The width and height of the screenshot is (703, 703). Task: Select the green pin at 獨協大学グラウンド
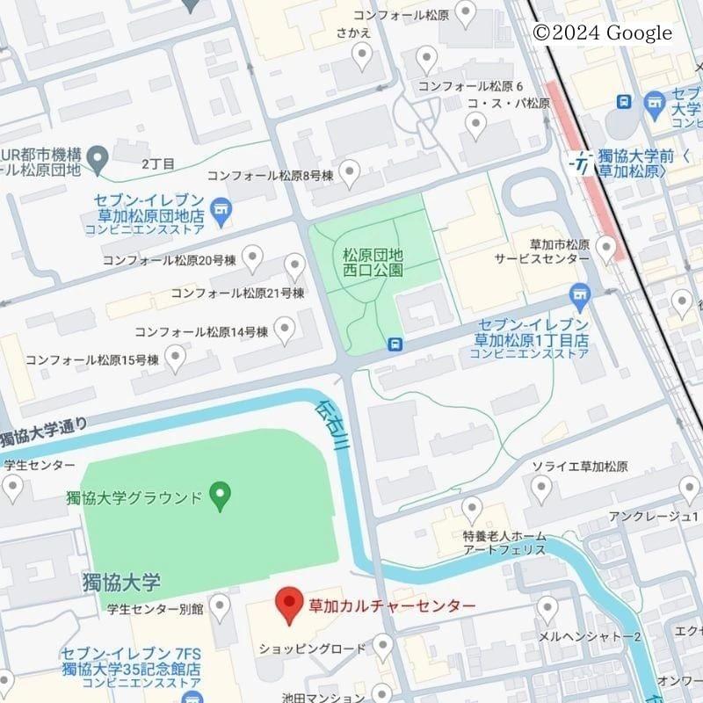point(221,496)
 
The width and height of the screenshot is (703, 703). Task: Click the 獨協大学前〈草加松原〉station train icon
point(580,162)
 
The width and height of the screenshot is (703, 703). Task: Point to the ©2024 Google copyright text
point(602,33)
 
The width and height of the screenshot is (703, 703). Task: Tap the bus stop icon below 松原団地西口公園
point(396,344)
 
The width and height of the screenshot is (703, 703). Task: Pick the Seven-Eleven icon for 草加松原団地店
point(221,212)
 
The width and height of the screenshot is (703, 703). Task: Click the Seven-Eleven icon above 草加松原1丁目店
point(579,294)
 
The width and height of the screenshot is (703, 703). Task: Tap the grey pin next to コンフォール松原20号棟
point(253,258)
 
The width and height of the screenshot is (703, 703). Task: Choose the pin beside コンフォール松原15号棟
point(176,358)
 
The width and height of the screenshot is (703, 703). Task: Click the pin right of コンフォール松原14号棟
point(285,330)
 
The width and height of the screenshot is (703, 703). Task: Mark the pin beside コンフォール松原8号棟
point(351,173)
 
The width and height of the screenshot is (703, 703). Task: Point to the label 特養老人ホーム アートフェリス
point(504,543)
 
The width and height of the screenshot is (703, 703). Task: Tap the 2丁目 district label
point(159,163)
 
